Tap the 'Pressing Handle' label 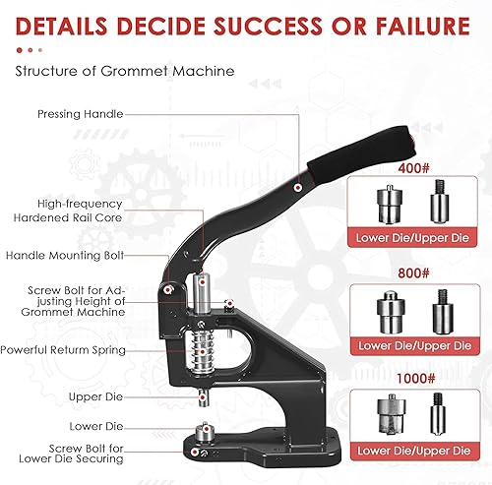point(81,114)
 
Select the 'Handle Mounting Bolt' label point(65,256)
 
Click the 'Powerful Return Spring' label point(63,350)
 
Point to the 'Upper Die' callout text point(95,396)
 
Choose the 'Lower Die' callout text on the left point(96,426)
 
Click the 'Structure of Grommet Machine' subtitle point(125,71)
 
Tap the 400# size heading point(413,168)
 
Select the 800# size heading point(413,273)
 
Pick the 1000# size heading point(415,379)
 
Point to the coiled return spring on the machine point(202,351)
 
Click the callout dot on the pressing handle point(298,188)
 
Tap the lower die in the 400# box point(389,205)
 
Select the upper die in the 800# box point(443,312)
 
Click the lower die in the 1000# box point(391,414)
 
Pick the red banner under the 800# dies point(414,346)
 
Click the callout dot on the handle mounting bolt point(168,290)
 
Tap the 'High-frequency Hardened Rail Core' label point(68,211)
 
